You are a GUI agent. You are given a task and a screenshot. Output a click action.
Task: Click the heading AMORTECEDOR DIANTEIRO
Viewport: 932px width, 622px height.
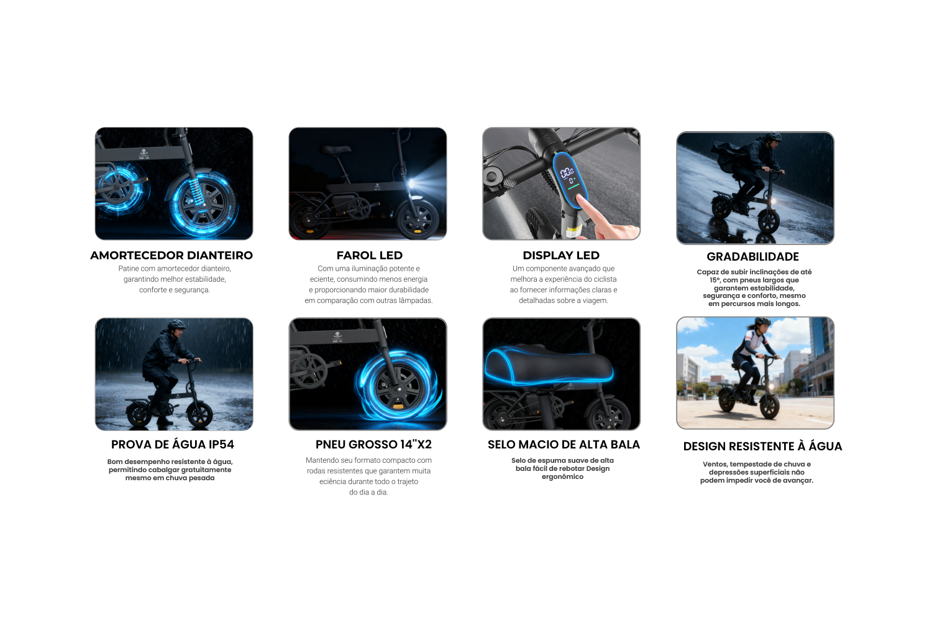[171, 256]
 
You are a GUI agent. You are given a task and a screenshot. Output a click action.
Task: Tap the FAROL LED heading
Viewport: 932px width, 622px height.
[370, 256]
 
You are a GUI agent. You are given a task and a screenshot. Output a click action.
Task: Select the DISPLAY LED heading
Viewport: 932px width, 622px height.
[561, 256]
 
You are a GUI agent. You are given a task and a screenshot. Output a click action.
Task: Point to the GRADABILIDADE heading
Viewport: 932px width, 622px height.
[752, 257]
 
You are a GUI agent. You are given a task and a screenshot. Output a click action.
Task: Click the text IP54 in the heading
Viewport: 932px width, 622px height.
[221, 445]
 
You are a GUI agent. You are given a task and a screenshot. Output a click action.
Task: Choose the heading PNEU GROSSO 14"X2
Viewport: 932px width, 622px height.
[373, 445]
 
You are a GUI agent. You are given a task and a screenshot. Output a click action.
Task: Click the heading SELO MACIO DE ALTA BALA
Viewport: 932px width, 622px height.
[564, 445]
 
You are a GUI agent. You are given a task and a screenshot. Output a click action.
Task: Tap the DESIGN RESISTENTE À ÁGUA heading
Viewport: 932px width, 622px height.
[762, 447]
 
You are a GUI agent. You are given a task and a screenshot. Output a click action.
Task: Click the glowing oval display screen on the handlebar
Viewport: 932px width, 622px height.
[569, 180]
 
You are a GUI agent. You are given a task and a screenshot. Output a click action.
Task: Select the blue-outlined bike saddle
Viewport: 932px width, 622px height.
[549, 364]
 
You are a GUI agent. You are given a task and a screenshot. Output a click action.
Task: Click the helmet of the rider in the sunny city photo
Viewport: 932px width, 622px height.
[762, 322]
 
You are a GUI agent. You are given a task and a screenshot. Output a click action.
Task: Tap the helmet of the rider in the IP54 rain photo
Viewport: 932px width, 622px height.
[176, 324]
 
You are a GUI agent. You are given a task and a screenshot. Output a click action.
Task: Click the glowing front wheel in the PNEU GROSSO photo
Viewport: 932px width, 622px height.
[398, 388]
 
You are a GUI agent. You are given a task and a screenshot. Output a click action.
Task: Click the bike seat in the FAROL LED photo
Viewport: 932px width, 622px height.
[336, 149]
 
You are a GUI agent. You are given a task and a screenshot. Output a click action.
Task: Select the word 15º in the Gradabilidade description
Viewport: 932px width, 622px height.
[715, 281]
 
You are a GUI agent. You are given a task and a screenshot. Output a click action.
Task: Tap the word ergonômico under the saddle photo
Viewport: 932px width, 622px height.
[562, 477]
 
